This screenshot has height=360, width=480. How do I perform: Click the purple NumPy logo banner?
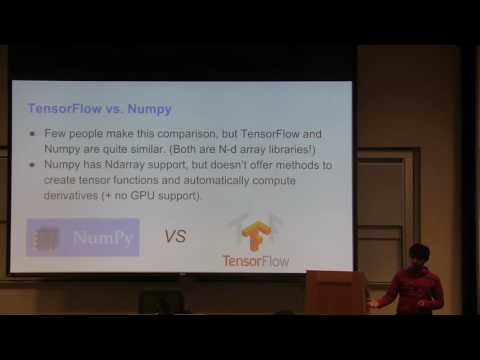tap(83, 238)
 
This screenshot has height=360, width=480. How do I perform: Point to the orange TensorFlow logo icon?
tap(254, 234)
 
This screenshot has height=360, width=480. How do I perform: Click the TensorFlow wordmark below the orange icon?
tap(255, 261)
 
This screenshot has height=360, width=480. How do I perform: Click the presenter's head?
tap(420, 255)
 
